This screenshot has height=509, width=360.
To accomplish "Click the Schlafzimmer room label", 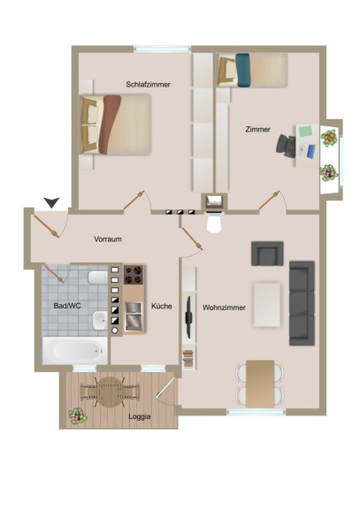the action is pyautogui.click(x=149, y=85).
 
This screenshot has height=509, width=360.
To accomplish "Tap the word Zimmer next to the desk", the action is pyautogui.click(x=258, y=129).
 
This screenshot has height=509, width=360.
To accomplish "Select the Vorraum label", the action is pyautogui.click(x=108, y=239).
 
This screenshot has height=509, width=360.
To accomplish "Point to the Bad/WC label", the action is pyautogui.click(x=67, y=306).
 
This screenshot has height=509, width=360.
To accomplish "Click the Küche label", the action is pyautogui.click(x=162, y=306).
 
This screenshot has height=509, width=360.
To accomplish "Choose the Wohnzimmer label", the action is pyautogui.click(x=224, y=308).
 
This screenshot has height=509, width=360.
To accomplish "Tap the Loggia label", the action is pyautogui.click(x=140, y=416).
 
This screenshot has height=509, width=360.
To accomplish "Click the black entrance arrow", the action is pyautogui.click(x=52, y=202).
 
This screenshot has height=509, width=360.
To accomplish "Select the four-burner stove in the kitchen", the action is pyautogui.click(x=134, y=275).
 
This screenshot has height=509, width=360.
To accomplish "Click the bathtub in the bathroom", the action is pyautogui.click(x=75, y=350).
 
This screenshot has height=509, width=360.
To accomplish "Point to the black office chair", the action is pyautogui.click(x=287, y=147).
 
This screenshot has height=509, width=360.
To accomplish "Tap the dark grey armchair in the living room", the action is pyautogui.click(x=267, y=254).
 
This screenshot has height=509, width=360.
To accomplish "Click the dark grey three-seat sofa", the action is pyautogui.click(x=302, y=303).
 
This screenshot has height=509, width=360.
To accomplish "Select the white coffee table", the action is pyautogui.click(x=267, y=305).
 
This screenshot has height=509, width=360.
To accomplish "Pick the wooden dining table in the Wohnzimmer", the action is pyautogui.click(x=260, y=384).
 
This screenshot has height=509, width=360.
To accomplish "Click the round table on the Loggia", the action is pyautogui.click(x=111, y=392).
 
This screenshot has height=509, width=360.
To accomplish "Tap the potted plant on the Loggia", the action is pyautogui.click(x=78, y=416).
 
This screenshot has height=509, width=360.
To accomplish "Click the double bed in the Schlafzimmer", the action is pyautogui.click(x=116, y=125).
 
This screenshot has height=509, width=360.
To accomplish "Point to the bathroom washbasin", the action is pyautogui.click(x=99, y=320).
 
